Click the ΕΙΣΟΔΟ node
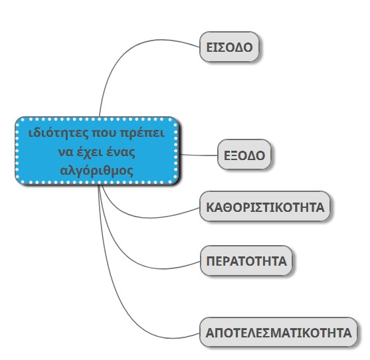[x=229, y=46]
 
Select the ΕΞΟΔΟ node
[x=244, y=155]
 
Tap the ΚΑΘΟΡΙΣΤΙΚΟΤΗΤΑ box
[x=265, y=207]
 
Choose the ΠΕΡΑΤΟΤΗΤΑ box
[x=246, y=260]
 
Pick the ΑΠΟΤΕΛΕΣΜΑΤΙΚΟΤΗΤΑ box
[x=278, y=332]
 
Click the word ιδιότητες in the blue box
[x=58, y=133]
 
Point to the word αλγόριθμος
[x=97, y=171]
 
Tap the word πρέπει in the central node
[x=142, y=134]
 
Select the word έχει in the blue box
[x=90, y=152]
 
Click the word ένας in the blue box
[x=121, y=152]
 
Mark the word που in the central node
[x=104, y=134]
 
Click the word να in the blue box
[x=65, y=153]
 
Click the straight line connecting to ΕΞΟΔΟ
[x=199, y=155]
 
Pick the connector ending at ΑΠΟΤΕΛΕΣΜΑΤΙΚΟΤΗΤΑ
[x=118, y=295]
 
